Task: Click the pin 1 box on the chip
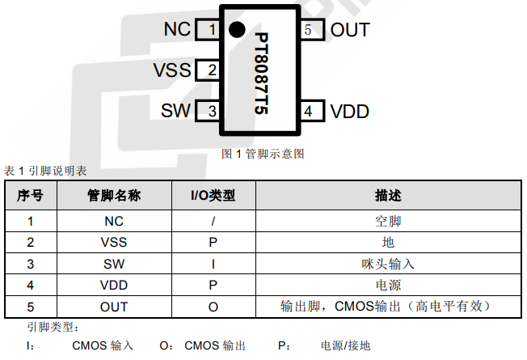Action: point(209,30)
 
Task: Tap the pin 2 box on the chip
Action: point(209,70)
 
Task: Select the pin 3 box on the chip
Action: point(209,111)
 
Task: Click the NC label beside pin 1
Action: point(176,30)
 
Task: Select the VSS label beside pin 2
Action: point(172,70)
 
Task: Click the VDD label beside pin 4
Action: point(349,111)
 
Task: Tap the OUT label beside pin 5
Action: point(350,30)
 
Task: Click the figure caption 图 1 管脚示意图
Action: point(263,153)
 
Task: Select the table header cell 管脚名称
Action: point(114,196)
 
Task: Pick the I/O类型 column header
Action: point(213,196)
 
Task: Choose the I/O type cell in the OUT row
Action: point(213,307)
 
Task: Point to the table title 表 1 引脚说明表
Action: point(45,172)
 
